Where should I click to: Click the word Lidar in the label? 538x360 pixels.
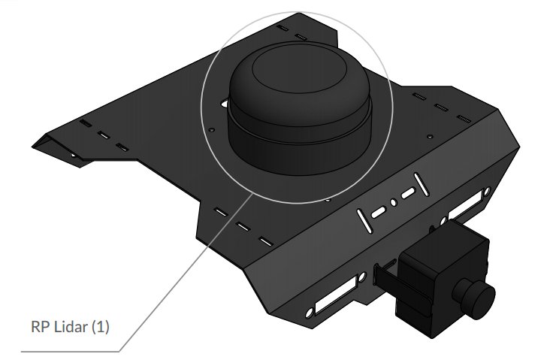71,327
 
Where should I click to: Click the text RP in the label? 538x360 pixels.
39,327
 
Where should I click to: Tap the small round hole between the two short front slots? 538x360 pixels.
393,203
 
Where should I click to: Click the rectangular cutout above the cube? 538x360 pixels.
470,204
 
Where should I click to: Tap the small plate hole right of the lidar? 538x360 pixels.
429,136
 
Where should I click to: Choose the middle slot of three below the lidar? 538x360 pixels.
242,226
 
